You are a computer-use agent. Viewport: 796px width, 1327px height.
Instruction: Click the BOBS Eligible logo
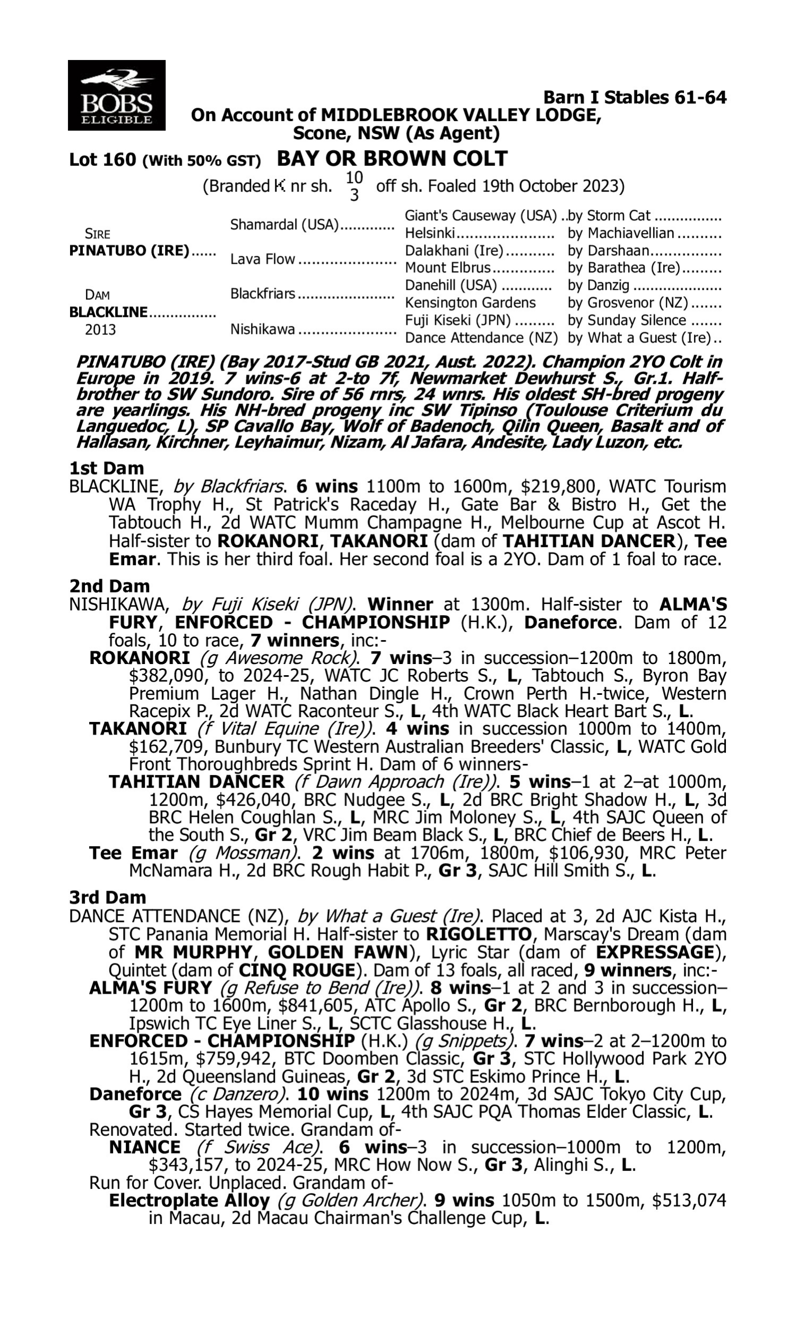tap(116, 96)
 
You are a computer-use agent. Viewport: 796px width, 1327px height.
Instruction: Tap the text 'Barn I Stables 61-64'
tap(635, 98)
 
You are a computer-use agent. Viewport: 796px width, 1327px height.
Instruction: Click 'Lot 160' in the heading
tap(102, 160)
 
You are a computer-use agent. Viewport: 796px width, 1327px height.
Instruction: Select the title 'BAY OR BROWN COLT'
tap(392, 159)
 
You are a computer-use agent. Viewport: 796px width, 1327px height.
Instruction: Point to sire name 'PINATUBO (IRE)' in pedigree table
tap(129, 251)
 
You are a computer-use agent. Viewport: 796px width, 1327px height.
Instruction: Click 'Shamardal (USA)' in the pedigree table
tap(284, 225)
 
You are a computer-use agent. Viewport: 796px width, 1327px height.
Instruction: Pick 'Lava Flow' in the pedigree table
tap(262, 259)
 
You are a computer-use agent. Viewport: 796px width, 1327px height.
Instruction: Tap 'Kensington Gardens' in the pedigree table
tap(470, 303)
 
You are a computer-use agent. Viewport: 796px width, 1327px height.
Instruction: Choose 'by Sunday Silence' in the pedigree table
tap(627, 320)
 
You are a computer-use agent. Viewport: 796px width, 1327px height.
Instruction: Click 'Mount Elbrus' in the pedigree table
tap(447, 268)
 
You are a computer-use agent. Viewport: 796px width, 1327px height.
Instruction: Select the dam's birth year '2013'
tap(100, 329)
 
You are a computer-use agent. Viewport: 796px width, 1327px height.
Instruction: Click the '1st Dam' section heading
tap(106, 468)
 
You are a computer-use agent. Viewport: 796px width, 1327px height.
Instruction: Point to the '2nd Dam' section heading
tap(109, 585)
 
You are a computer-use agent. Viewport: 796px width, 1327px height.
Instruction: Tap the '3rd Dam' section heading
tap(107, 898)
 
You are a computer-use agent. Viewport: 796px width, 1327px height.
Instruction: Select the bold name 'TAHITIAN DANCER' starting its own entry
tap(196, 782)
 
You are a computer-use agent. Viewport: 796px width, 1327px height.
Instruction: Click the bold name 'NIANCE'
tap(144, 1147)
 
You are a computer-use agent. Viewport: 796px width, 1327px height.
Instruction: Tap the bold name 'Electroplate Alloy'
tap(189, 1201)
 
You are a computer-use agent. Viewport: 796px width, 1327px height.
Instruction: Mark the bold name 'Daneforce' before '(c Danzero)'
tap(135, 1094)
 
